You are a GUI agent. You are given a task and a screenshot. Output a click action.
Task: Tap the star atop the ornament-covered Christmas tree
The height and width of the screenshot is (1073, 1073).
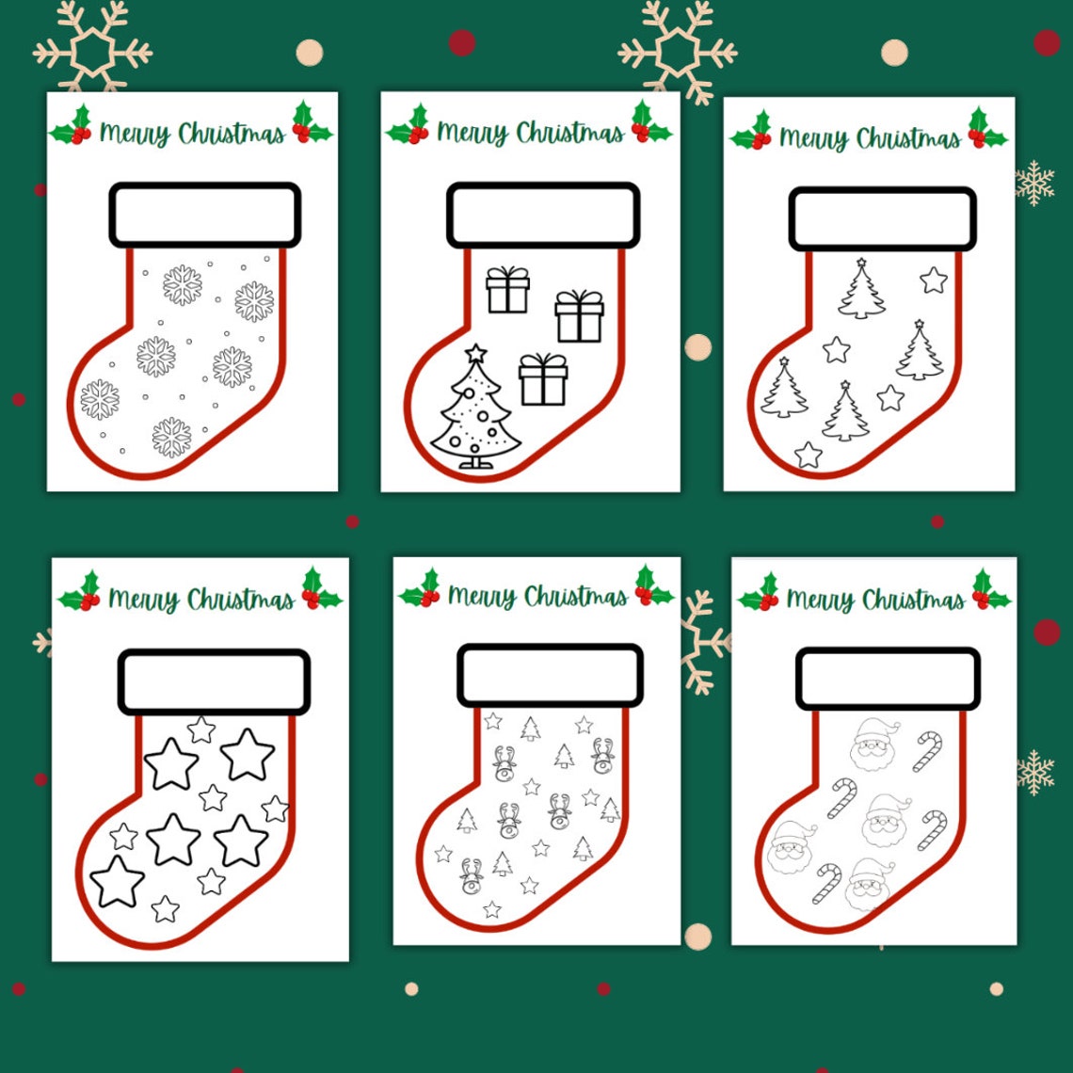pos(476,354)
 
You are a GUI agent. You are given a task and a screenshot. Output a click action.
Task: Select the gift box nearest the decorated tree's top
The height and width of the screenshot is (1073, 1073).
pos(543,378)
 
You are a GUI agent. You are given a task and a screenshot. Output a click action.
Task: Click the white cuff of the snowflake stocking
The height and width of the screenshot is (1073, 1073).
pos(204,216)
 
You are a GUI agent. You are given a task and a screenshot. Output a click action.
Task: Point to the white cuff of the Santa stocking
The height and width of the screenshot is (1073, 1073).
pos(888,678)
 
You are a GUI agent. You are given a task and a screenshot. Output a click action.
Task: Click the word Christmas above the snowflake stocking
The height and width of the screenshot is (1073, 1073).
pos(232,135)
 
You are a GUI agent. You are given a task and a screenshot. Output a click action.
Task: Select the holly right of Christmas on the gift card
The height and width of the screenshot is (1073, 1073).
pos(650,122)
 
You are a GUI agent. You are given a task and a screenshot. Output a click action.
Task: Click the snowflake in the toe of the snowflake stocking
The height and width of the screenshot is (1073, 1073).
pos(100,399)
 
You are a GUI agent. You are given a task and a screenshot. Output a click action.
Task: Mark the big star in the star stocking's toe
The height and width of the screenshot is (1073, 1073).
pos(118,881)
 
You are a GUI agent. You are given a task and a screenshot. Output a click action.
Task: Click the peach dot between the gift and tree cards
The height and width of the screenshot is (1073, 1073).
pos(697,347)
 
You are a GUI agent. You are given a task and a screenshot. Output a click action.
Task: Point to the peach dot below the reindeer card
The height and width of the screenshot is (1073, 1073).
pos(697,936)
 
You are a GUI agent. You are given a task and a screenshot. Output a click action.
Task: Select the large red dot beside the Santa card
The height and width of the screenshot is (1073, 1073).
pos(1047,632)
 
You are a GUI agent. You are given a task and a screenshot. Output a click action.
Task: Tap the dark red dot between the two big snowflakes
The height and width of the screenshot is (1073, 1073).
pos(461,42)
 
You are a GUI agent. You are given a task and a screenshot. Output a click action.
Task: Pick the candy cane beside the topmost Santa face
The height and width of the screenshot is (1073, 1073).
pos(926,752)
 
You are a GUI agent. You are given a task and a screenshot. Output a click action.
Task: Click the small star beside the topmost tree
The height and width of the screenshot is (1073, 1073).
pos(933,280)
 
